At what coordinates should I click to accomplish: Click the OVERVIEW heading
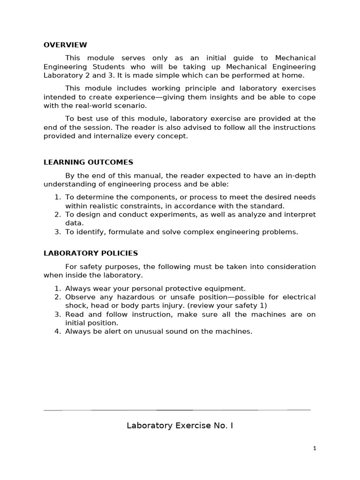click(65, 45)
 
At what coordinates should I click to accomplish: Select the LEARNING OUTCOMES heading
click(88, 162)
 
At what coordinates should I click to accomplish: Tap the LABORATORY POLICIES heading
click(90, 253)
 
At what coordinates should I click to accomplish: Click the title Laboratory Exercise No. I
click(180, 426)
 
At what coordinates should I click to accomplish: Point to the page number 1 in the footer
click(315, 449)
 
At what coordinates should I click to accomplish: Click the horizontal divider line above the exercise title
click(177, 410)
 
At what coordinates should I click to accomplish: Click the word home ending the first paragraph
click(293, 75)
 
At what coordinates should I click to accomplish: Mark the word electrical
click(298, 297)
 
